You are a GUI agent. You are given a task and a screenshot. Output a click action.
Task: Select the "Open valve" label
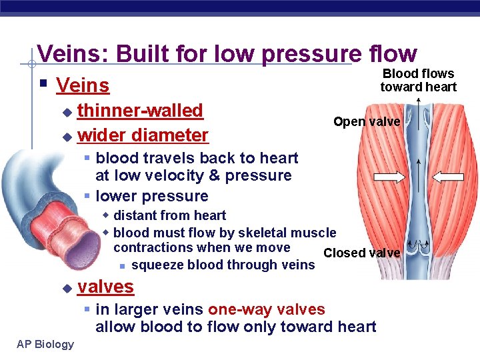click(366, 121)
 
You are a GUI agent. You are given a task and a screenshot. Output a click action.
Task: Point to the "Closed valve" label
click(361, 253)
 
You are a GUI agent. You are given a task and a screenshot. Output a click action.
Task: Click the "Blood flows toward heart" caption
click(418, 80)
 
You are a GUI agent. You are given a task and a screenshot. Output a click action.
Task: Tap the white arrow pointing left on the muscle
click(449, 177)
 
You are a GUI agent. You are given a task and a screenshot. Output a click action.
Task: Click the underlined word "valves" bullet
click(105, 287)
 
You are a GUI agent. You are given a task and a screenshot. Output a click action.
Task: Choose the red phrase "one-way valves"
click(266, 309)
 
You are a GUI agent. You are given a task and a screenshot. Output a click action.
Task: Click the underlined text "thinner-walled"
click(140, 111)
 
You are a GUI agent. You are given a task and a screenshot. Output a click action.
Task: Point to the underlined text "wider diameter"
click(143, 135)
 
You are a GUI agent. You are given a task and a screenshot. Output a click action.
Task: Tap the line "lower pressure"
click(151, 196)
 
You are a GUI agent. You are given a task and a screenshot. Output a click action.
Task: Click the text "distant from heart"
click(169, 215)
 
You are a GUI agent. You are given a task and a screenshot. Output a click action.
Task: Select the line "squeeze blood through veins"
click(223, 265)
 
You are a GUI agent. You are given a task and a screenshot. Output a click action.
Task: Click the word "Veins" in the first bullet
click(83, 85)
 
